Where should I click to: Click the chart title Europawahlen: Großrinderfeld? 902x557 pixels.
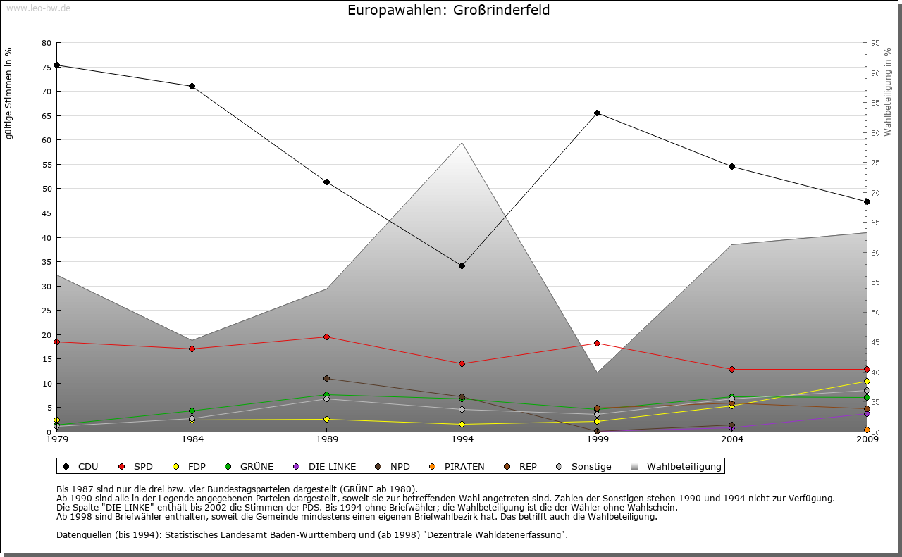coord(449,11)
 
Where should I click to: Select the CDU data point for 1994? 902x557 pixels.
coord(462,265)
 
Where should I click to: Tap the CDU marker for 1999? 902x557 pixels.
coord(597,113)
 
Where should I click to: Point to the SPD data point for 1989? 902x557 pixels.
coord(326,337)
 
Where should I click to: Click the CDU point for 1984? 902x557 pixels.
coord(192,86)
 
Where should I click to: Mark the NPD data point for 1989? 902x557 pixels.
coord(326,378)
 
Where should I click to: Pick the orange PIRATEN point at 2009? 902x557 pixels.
coord(867,430)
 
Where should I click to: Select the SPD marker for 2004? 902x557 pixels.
coord(732,369)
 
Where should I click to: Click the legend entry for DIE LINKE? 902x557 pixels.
coord(326,466)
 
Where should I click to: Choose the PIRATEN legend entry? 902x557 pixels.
coord(457,466)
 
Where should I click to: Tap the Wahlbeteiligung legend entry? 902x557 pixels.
coord(676,466)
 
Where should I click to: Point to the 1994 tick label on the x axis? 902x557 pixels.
coord(462,440)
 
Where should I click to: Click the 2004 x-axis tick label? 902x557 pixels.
coord(732,440)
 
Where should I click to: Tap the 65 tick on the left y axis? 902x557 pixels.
coord(47,115)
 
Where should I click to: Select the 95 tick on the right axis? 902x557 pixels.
coord(875,43)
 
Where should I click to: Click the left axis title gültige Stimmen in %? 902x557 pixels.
coord(9,93)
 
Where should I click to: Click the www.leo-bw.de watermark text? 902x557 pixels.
coord(37,8)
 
